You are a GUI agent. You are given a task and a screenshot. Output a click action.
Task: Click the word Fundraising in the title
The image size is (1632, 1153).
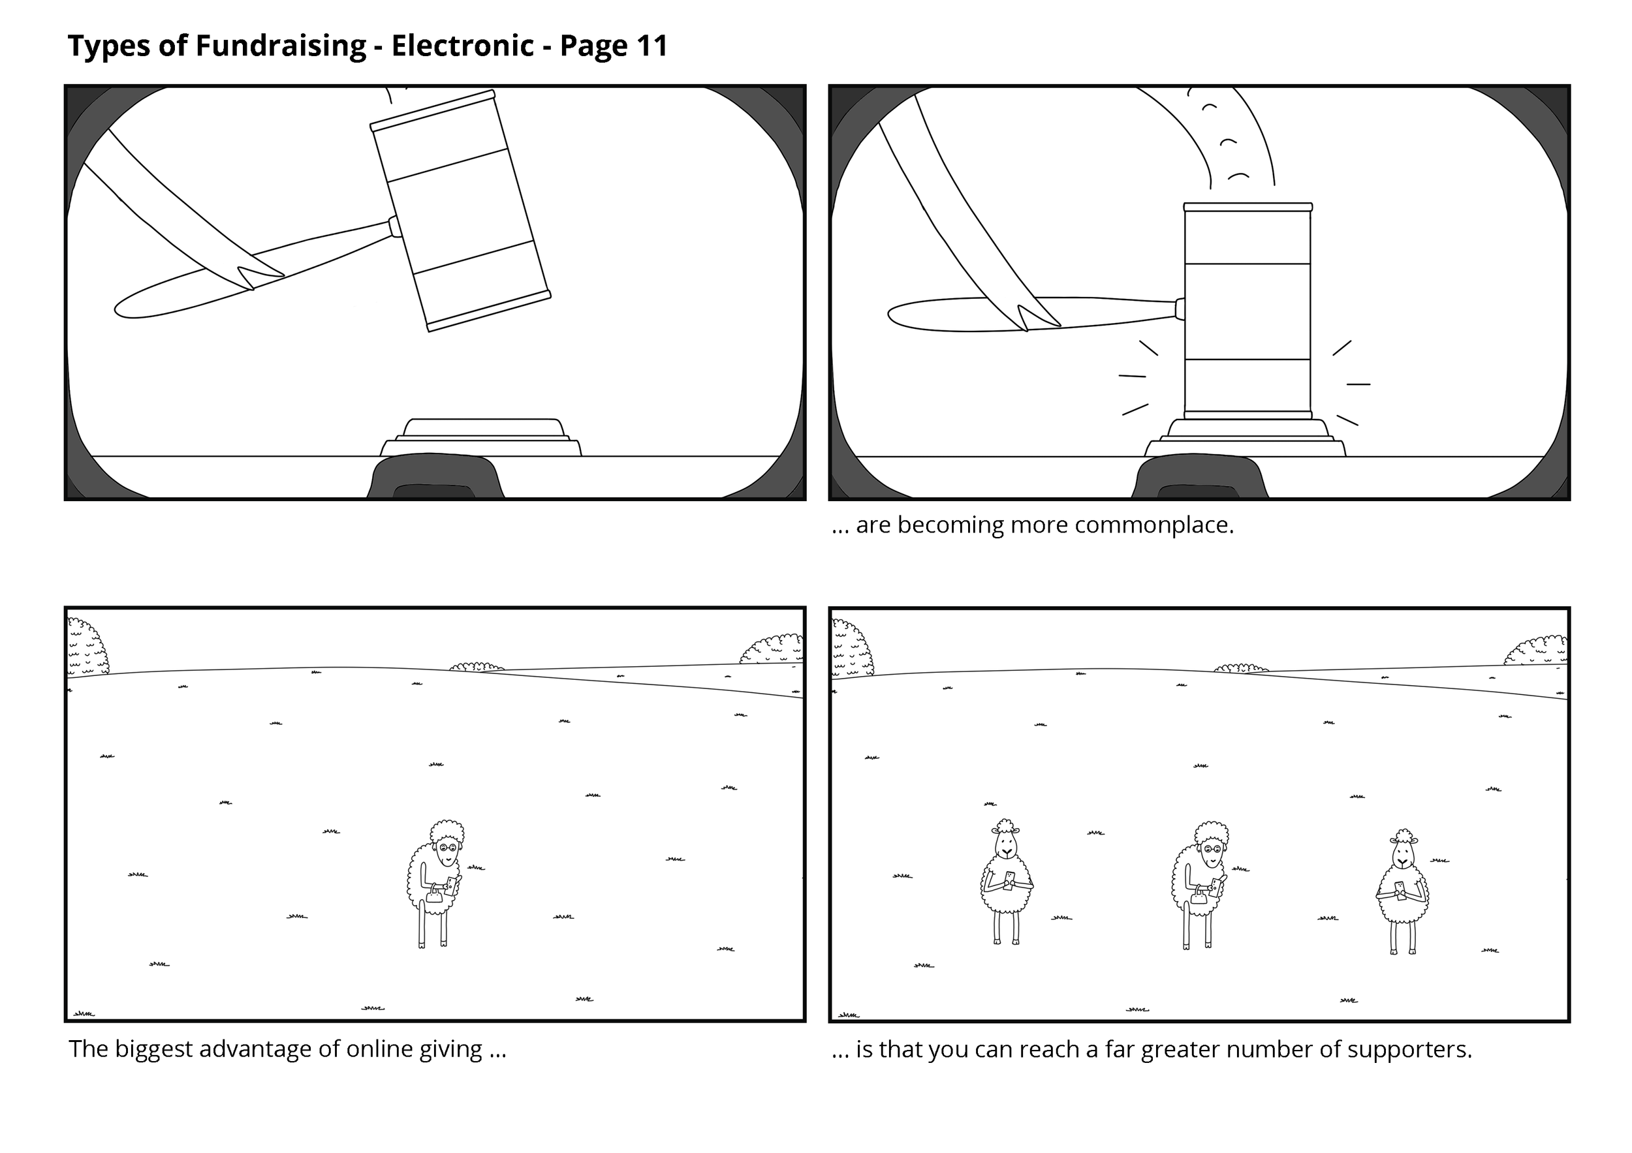click(x=280, y=46)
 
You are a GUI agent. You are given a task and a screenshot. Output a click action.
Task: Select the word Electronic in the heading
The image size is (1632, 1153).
click(x=462, y=46)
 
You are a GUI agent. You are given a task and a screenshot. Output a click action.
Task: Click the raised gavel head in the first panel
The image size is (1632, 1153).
click(x=461, y=211)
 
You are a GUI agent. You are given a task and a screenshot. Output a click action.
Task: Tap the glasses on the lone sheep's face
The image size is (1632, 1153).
click(x=448, y=848)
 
